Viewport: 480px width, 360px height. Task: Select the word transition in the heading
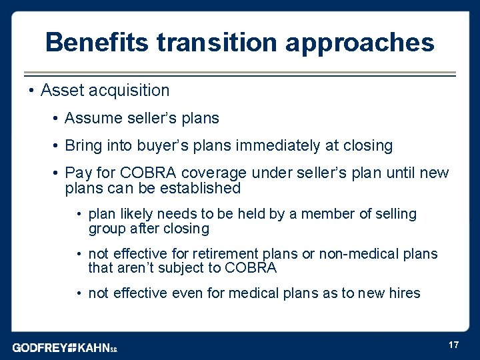(217, 43)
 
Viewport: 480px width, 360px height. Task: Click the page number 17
(453, 345)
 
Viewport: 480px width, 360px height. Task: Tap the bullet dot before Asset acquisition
(31, 90)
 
